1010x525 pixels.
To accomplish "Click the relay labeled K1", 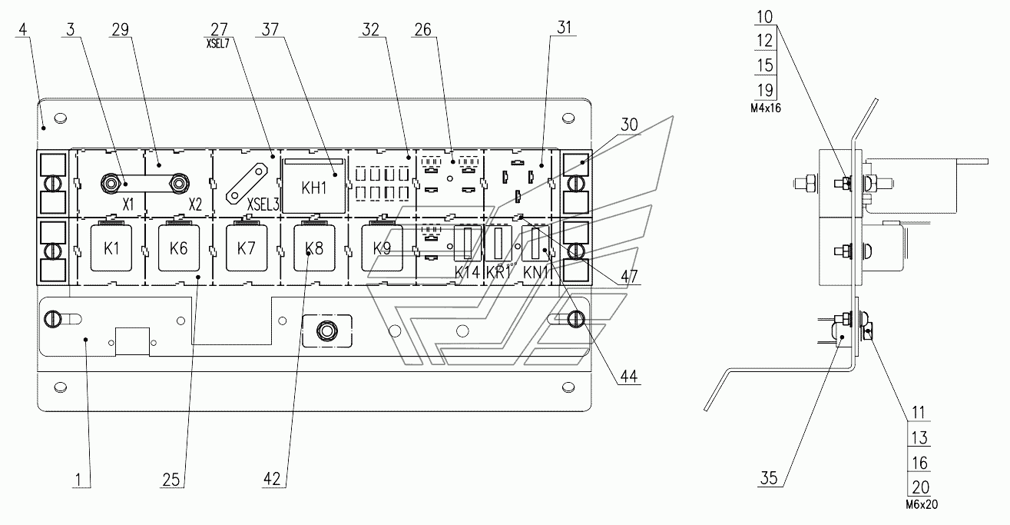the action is pyautogui.click(x=111, y=248).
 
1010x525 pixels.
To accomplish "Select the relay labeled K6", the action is pyautogui.click(x=179, y=248).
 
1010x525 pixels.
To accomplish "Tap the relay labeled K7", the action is pyautogui.click(x=247, y=248).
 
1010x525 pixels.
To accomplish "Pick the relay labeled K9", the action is pyautogui.click(x=382, y=248).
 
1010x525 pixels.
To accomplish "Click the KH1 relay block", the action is pyautogui.click(x=314, y=185).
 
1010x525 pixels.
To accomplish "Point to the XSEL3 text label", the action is pyautogui.click(x=263, y=204).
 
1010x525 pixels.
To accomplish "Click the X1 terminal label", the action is pyautogui.click(x=128, y=204).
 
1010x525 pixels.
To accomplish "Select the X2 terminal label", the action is pyautogui.click(x=195, y=204).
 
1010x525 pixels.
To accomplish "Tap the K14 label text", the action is pyautogui.click(x=467, y=272).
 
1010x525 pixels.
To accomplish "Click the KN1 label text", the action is pyautogui.click(x=535, y=272).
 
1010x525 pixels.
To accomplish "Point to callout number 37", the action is pyautogui.click(x=270, y=29).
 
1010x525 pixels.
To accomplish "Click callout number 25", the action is pyautogui.click(x=171, y=480).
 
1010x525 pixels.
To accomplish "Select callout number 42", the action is pyautogui.click(x=272, y=479).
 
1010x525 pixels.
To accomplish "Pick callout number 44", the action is pyautogui.click(x=629, y=376).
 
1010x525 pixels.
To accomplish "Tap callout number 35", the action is pyautogui.click(x=769, y=478).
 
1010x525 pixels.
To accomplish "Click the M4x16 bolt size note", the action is pyautogui.click(x=766, y=108).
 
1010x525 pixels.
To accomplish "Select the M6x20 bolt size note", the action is pyautogui.click(x=922, y=505).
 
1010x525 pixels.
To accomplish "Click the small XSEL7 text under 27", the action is pyautogui.click(x=218, y=44).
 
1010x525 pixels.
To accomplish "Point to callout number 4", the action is pyautogui.click(x=22, y=29).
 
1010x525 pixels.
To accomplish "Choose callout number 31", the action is pyautogui.click(x=565, y=28).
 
